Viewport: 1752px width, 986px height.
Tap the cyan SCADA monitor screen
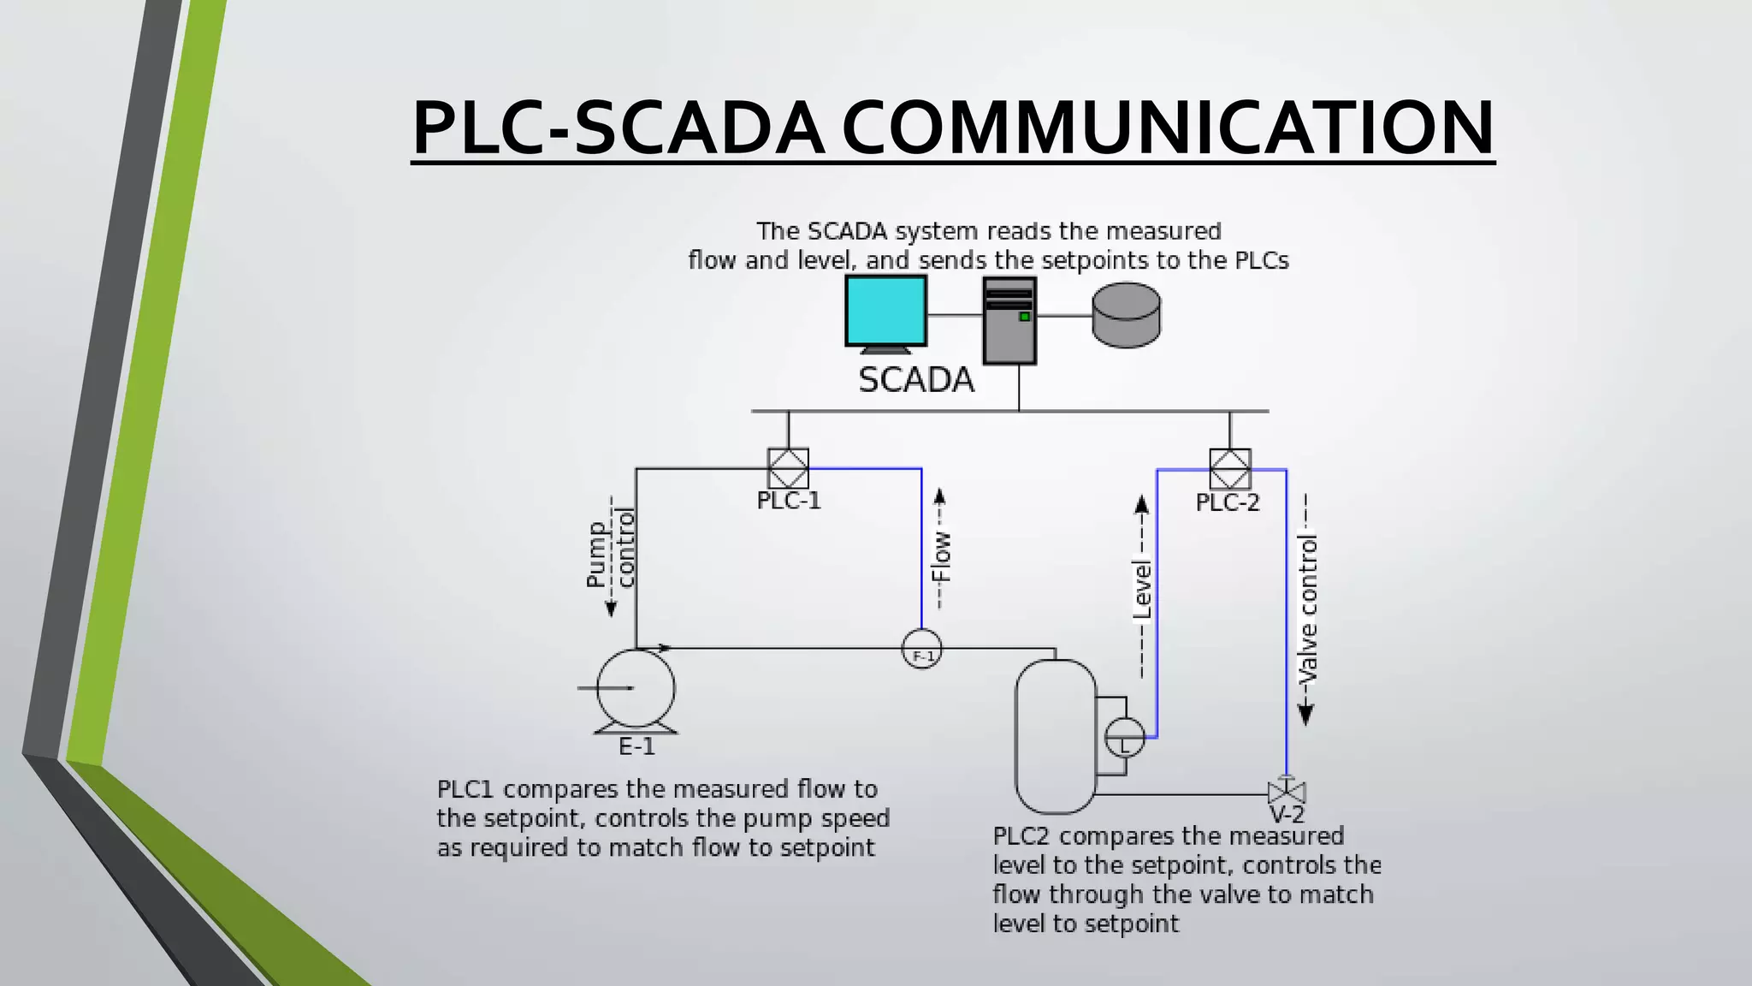(885, 310)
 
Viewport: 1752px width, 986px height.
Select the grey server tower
(1009, 320)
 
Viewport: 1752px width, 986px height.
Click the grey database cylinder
(1127, 315)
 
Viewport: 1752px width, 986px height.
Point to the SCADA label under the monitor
(916, 380)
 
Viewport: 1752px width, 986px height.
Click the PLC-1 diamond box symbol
(788, 468)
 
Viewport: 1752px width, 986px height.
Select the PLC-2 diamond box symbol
(1230, 469)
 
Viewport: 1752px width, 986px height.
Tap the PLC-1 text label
(789, 501)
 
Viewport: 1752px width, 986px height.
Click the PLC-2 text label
(1228, 502)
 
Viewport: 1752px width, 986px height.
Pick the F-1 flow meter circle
(922, 650)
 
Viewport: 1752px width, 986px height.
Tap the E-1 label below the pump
(636, 747)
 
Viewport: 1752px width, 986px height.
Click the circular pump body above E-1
(636, 688)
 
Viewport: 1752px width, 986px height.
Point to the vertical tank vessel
(1055, 736)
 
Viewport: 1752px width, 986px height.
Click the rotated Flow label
(940, 556)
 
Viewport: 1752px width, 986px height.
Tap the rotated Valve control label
(1307, 609)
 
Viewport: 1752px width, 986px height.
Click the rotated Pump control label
(611, 555)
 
